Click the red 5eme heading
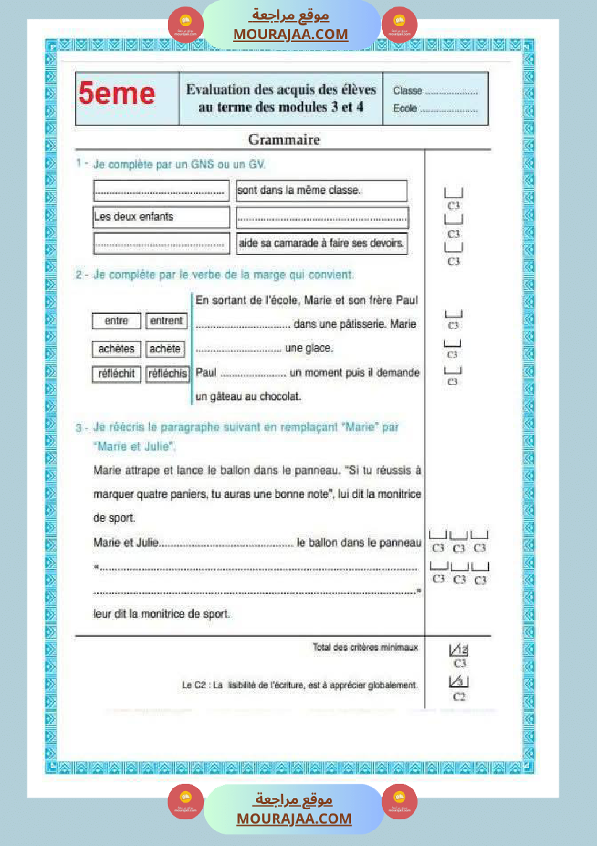tap(117, 94)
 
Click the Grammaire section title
tap(284, 139)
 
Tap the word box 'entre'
tap(117, 321)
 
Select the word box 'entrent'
tap(166, 321)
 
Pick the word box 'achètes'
tap(117, 349)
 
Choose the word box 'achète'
tap(164, 349)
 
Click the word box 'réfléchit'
tap(117, 374)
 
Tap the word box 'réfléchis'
tap(167, 374)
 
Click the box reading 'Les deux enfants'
tap(161, 216)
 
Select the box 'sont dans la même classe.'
tap(321, 191)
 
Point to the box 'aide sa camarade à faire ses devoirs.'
tap(321, 244)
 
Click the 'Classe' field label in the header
tap(407, 91)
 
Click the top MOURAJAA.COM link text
tap(291, 34)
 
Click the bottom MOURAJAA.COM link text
tap(294, 818)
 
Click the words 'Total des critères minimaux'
tap(365, 647)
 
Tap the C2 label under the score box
tap(459, 697)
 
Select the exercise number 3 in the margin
tap(79, 428)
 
